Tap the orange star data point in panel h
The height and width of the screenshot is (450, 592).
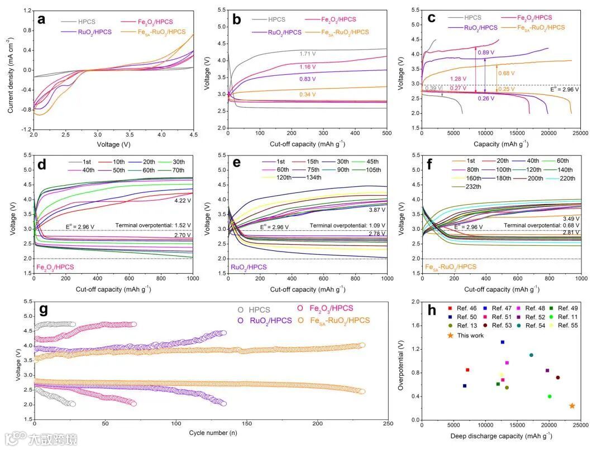[x=572, y=406]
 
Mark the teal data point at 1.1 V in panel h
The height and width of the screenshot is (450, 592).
[x=531, y=355]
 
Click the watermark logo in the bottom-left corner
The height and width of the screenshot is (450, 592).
[x=17, y=438]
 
